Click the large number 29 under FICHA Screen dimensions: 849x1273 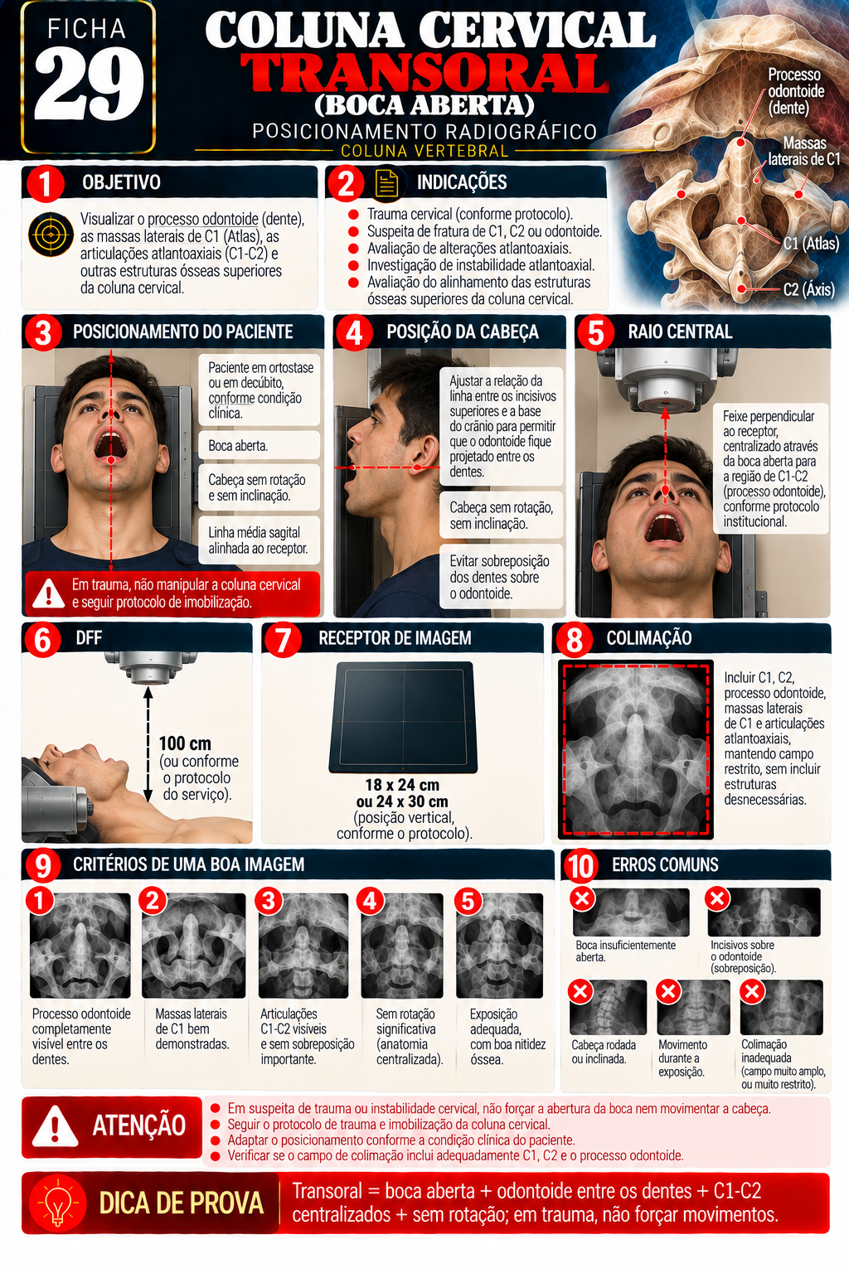click(x=89, y=84)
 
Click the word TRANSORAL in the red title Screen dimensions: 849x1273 click(x=424, y=73)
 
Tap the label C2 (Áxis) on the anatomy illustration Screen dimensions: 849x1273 click(x=808, y=290)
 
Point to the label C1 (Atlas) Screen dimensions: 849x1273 click(x=811, y=244)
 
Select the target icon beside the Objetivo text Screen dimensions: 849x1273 click(x=51, y=235)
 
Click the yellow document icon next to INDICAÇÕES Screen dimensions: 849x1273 click(x=386, y=183)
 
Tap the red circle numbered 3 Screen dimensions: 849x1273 click(x=43, y=332)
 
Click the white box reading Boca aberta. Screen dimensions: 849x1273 click(x=259, y=446)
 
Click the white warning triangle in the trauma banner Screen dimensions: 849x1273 click(x=48, y=594)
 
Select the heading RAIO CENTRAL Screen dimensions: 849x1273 click(x=680, y=332)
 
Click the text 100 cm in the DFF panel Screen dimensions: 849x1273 click(x=185, y=743)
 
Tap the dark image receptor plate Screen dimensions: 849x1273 click(x=403, y=717)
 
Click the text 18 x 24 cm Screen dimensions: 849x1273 click(x=402, y=785)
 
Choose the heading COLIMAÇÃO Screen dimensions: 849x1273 click(x=649, y=638)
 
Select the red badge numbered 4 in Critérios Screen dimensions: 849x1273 click(x=370, y=901)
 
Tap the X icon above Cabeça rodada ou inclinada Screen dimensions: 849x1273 click(x=580, y=991)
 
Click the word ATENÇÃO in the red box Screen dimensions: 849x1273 click(x=138, y=1125)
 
